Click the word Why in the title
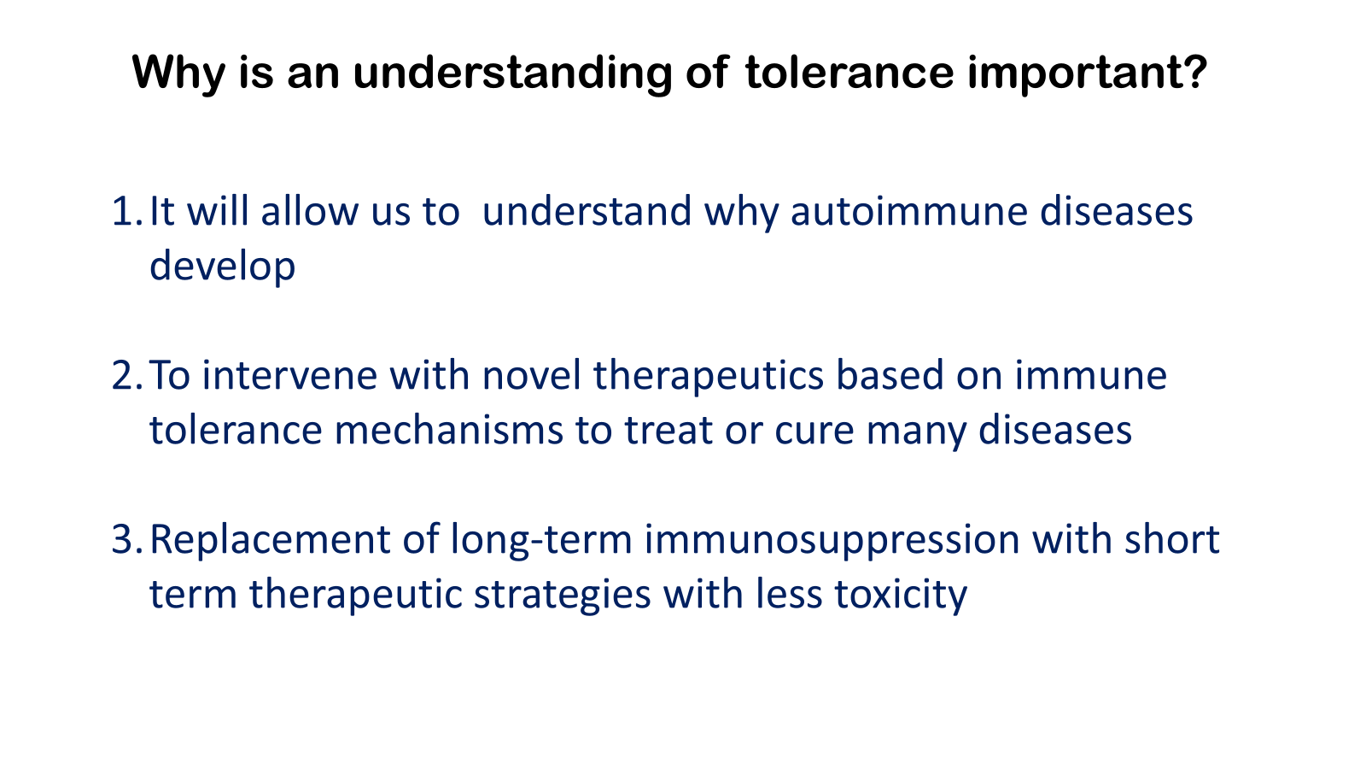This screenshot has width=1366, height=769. [x=178, y=73]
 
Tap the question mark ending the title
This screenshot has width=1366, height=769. [x=1194, y=72]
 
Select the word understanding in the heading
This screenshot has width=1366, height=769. [x=512, y=73]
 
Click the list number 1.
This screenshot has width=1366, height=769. [x=126, y=211]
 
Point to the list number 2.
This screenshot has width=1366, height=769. [x=126, y=375]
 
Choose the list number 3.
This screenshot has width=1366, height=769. [x=126, y=539]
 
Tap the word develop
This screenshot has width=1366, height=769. [x=223, y=266]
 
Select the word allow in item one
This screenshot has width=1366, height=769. [x=310, y=210]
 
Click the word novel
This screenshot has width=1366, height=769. [x=531, y=375]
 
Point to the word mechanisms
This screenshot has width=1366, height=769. [x=449, y=430]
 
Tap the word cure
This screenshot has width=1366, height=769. [x=814, y=431]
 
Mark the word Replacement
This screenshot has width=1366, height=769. [x=270, y=540]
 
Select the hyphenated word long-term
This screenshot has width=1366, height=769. [x=541, y=540]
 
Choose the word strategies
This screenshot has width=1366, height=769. [x=563, y=595]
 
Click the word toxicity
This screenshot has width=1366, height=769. [x=901, y=595]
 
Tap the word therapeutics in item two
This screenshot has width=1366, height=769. [x=709, y=376]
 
